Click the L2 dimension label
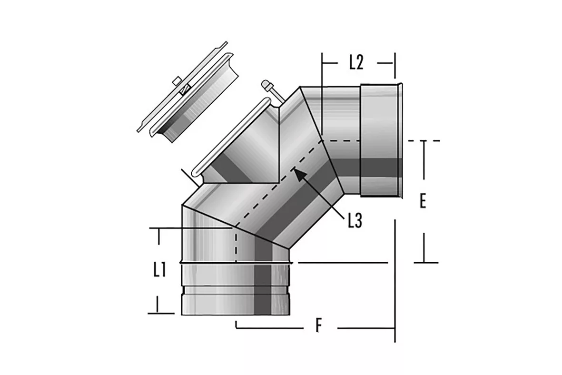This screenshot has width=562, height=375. click(x=356, y=62)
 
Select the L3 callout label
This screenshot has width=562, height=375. click(x=355, y=220)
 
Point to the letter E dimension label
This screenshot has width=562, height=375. click(x=423, y=201)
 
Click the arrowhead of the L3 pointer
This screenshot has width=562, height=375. click(x=300, y=175)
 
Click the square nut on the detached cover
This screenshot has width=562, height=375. click(x=177, y=81)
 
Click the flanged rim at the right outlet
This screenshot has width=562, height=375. click(x=400, y=140)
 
